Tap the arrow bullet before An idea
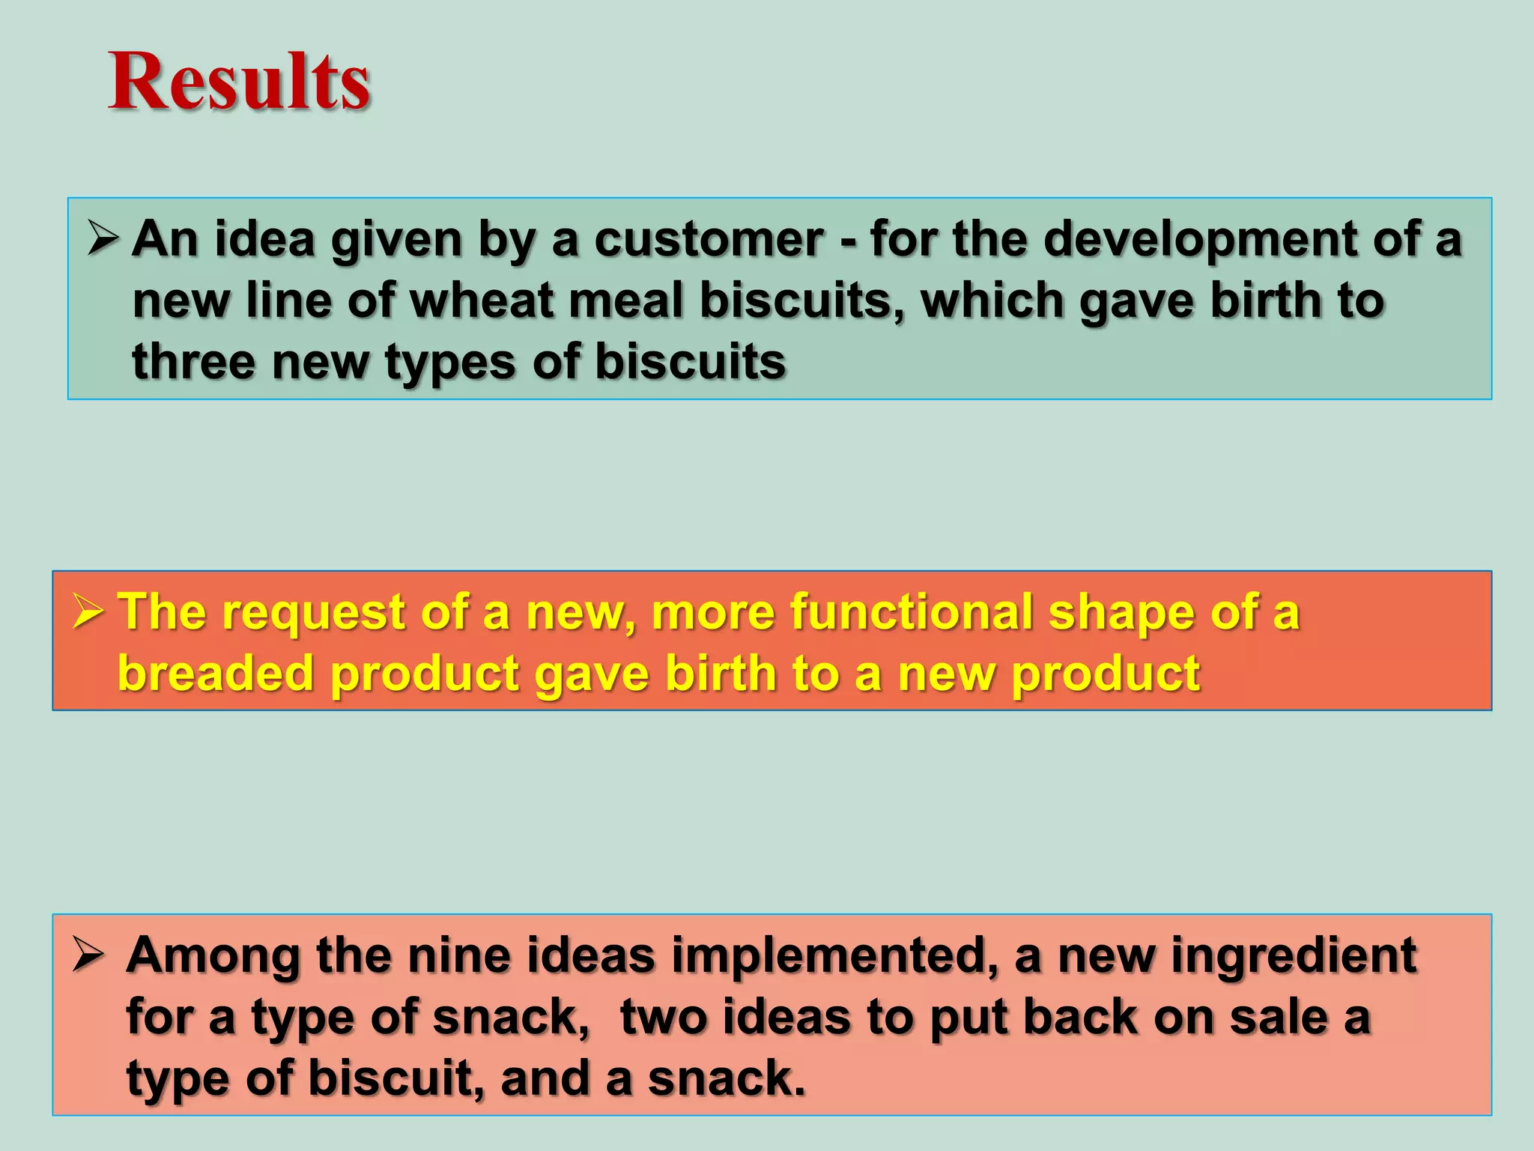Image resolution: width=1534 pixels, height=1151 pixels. click(103, 238)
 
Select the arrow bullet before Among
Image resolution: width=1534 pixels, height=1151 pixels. click(88, 956)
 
